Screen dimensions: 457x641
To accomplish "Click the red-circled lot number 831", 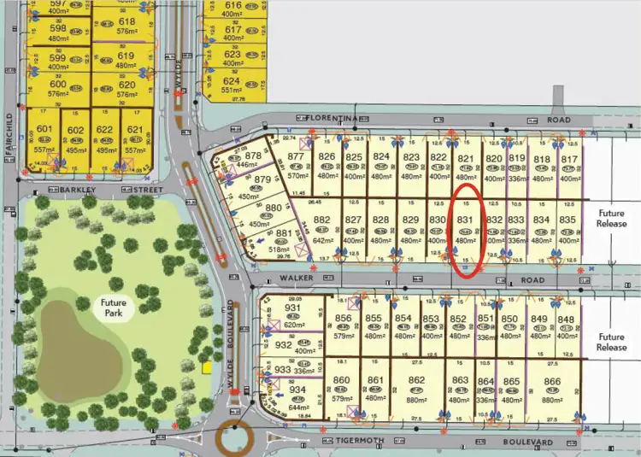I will (465, 220).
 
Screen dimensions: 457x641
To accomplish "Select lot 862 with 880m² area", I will (416, 380).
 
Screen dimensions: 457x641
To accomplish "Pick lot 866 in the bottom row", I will (552, 380).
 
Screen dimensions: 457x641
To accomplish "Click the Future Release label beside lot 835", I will (612, 219).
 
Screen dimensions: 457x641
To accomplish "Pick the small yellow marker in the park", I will (205, 367).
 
